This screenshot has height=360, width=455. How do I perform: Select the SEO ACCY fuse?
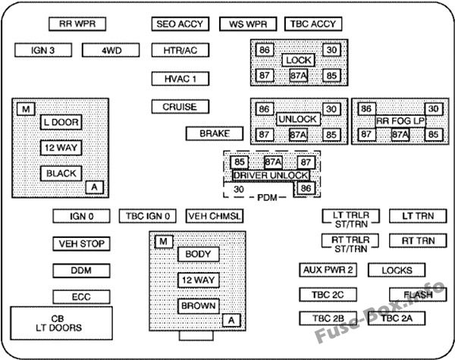coord(180,24)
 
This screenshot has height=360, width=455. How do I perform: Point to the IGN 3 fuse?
coord(43,51)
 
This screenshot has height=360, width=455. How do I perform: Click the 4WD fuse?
coord(111,51)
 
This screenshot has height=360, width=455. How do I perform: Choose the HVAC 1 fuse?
coord(180,78)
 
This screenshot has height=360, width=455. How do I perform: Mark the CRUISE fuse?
coord(180,107)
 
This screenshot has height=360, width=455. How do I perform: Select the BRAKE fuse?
coord(219,134)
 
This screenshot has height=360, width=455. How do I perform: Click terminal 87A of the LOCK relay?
coord(298,76)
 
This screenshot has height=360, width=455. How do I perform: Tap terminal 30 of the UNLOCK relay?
coord(331,109)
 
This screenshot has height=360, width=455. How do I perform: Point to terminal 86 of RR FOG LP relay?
coord(366,109)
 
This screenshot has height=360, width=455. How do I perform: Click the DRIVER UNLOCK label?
coord(271,175)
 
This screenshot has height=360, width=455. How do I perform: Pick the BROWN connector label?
coord(198,306)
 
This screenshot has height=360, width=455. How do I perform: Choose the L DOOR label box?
coord(61,121)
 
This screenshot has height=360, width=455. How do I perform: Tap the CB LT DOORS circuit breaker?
coord(61,323)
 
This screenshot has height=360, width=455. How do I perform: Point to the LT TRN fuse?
coord(413,217)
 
